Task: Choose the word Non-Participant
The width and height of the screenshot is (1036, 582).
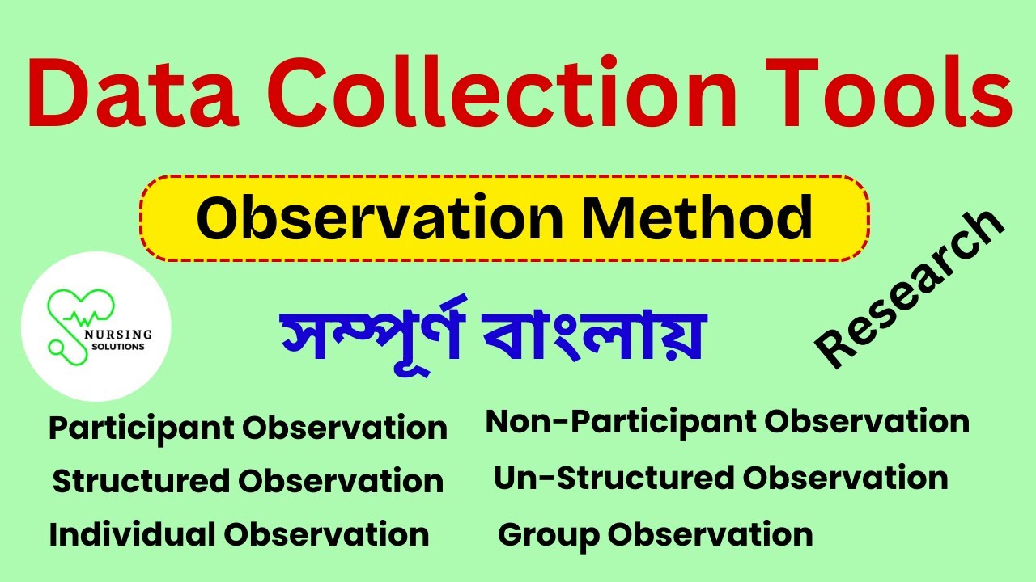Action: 620,422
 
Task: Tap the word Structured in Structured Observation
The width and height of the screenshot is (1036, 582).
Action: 140,482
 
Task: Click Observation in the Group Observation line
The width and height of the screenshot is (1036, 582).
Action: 711,534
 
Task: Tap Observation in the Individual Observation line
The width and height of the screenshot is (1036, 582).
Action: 326,534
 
